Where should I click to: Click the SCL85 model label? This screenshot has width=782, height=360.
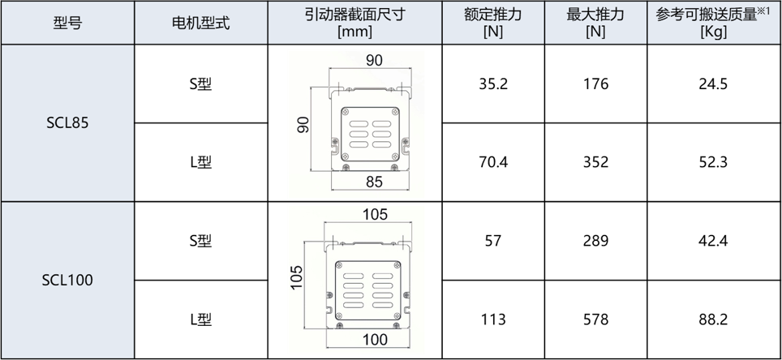point(67,122)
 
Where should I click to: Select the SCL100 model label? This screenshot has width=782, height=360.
point(67,280)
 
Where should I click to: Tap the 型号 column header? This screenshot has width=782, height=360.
point(67,23)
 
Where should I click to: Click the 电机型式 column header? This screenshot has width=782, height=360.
point(201,23)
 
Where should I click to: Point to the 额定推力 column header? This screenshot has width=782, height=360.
point(492,15)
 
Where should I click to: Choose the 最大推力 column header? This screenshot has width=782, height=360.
point(595,15)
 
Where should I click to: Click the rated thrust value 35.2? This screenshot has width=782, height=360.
point(492,84)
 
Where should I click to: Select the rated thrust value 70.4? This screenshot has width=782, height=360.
point(492,162)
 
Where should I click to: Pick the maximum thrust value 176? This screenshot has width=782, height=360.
point(595,84)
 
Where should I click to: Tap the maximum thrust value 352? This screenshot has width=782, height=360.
point(595,162)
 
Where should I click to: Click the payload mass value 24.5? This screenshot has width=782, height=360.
point(713,84)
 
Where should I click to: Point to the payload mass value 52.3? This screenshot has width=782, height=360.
point(713,162)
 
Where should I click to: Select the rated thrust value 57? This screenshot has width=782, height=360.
point(492,241)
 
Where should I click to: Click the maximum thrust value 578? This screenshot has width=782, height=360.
point(595,319)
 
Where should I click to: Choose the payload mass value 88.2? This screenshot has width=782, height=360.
point(713,319)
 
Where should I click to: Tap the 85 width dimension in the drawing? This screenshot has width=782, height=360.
point(374,182)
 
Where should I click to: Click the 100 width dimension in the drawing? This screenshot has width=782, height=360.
point(375,340)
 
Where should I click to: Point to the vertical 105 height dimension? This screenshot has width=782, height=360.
point(297,277)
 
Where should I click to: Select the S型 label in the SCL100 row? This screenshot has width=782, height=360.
point(201,241)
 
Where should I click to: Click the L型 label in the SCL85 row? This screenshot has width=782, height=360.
point(201,162)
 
